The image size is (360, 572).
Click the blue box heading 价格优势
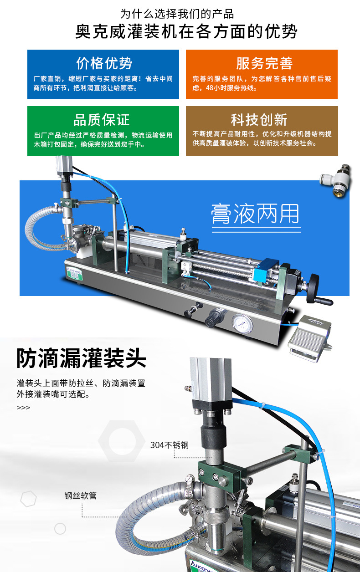pyautogui.click(x=104, y=63)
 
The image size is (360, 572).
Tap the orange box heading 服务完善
pyautogui.click(x=264, y=63)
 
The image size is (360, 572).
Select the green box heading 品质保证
pyautogui.click(x=102, y=120)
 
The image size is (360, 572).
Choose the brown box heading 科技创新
pyautogui.click(x=259, y=120)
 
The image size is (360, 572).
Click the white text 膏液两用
pyautogui.click(x=255, y=214)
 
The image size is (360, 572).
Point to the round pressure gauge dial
pyautogui.click(x=242, y=324)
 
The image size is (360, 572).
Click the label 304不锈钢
pyautogui.click(x=170, y=445)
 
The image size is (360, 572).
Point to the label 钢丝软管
pyautogui.click(x=81, y=495)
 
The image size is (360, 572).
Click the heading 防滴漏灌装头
pyautogui.click(x=81, y=358)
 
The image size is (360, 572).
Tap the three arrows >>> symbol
pyautogui.click(x=23, y=408)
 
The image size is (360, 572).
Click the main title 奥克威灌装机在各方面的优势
pyautogui.click(x=186, y=31)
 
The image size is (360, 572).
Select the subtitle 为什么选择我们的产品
pyautogui.click(x=177, y=14)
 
